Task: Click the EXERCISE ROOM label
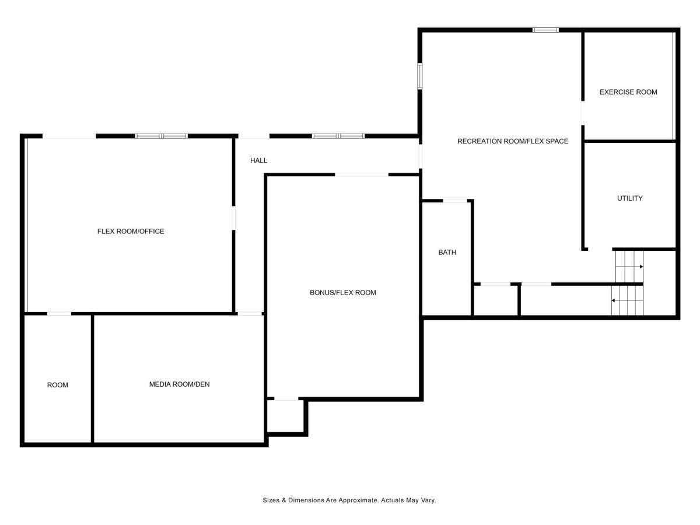[628, 92]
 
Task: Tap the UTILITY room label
[629, 198]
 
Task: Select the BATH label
[447, 253]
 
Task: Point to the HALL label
[258, 160]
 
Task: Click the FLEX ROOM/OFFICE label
[131, 232]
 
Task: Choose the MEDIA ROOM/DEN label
[180, 384]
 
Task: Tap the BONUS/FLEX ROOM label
[343, 293]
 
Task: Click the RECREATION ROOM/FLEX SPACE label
[513, 141]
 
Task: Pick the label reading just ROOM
[58, 385]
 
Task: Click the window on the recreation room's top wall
[545, 30]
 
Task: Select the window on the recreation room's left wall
[420, 76]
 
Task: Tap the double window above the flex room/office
[162, 136]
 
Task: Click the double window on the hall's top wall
[338, 136]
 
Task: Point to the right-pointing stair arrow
[629, 267]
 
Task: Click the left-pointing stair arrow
[627, 300]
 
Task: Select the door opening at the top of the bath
[456, 201]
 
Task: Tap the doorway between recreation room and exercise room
[583, 113]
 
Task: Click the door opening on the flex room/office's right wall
[233, 218]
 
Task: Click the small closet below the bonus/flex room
[285, 416]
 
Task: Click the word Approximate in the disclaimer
[358, 500]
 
